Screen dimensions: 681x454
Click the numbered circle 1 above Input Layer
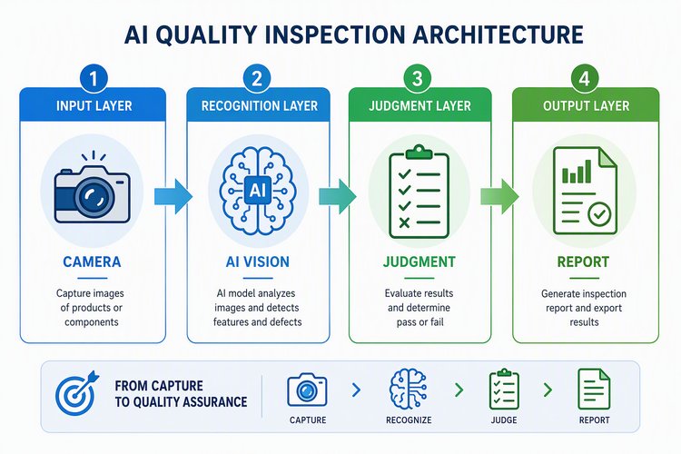[x=93, y=79]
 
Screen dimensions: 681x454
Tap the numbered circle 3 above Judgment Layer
[x=417, y=79]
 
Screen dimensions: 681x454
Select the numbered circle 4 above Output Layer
[x=585, y=79]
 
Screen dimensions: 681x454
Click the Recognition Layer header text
[x=260, y=105]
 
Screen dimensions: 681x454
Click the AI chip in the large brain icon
[x=258, y=190]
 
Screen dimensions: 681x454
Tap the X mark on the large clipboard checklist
[x=404, y=222]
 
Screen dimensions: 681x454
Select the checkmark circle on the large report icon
[x=599, y=214]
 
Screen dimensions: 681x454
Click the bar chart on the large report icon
[x=577, y=172]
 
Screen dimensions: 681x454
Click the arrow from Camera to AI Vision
[x=173, y=196]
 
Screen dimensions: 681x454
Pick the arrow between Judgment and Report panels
[x=499, y=196]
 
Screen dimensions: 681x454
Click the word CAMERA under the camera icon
[x=92, y=262]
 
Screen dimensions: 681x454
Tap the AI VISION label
[x=258, y=262]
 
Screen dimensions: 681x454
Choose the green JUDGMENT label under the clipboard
[x=419, y=262]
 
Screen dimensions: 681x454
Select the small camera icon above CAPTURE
[x=307, y=390]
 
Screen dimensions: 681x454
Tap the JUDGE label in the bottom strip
[x=504, y=420]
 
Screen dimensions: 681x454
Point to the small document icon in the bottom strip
[x=594, y=390]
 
